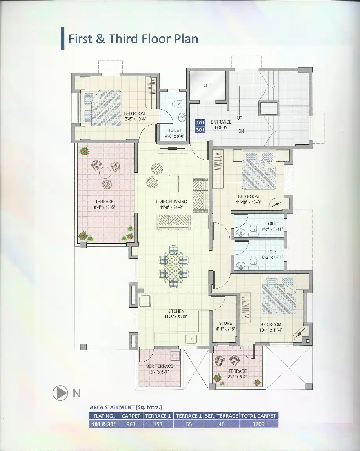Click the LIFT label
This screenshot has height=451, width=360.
(207, 85)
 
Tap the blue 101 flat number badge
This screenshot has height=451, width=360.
(200, 123)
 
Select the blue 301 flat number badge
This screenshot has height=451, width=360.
(200, 130)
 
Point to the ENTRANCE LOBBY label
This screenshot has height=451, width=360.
(221, 125)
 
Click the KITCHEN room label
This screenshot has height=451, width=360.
(176, 311)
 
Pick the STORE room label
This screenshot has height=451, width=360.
(225, 323)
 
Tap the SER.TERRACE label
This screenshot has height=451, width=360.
(160, 366)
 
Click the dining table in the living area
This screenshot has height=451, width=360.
(174, 266)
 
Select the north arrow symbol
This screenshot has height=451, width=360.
(60, 393)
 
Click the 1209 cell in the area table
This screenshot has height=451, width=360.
(258, 424)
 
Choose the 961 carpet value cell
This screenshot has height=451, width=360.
(131, 424)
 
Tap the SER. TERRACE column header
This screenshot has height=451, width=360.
(222, 416)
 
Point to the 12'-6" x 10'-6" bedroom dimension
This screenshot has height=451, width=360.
(135, 119)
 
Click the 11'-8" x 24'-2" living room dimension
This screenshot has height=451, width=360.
(172, 207)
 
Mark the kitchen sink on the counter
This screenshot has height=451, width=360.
(190, 339)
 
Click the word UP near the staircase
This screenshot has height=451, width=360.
(240, 118)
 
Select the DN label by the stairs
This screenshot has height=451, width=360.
(241, 131)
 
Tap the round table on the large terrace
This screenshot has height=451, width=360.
(105, 173)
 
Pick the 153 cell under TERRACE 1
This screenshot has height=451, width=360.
(158, 424)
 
